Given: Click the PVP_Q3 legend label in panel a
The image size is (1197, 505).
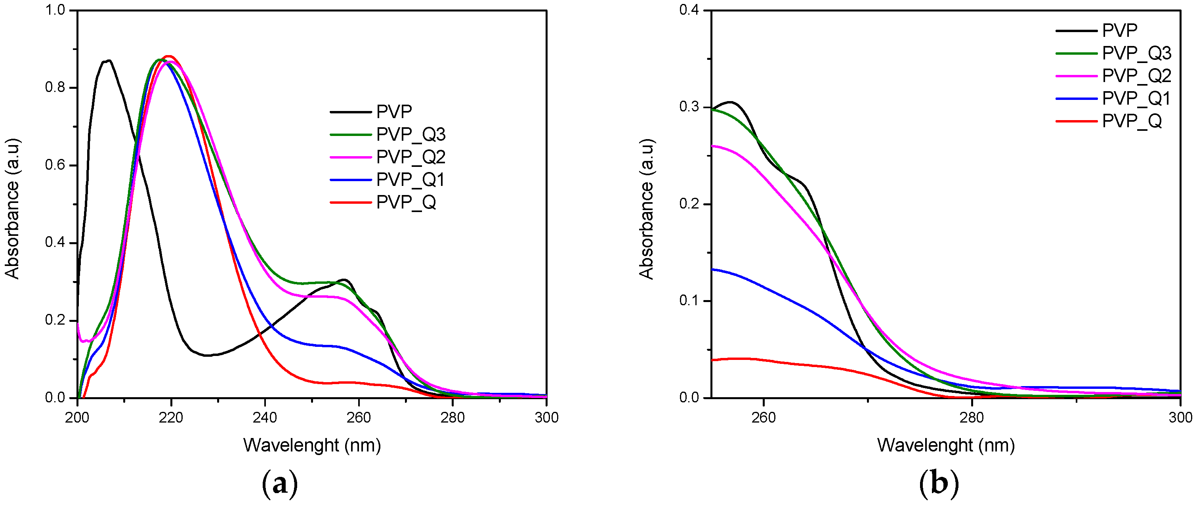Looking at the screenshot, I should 411,134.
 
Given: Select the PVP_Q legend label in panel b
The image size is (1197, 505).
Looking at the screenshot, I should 1132,121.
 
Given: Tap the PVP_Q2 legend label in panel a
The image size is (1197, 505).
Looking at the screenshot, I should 411,157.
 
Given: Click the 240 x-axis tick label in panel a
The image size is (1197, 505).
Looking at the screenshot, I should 265,417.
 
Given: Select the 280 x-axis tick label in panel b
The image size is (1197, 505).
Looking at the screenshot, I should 972,417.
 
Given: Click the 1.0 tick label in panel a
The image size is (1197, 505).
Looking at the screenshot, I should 56,10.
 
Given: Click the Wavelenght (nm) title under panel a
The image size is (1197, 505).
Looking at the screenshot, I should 312,446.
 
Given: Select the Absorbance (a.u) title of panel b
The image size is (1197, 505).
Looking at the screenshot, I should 646,209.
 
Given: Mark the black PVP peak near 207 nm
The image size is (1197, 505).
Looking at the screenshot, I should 109,61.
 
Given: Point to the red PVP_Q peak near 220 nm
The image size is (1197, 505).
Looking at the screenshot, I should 169,56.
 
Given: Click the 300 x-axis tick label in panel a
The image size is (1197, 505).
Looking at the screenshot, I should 546,417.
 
